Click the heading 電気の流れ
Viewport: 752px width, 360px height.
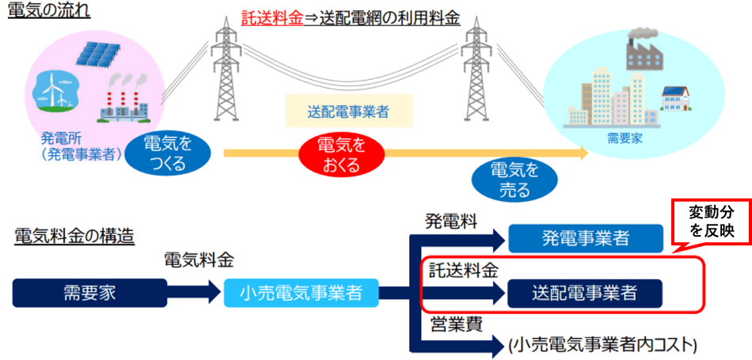coord(49,12)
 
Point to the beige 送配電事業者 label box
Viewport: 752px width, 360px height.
coord(348,112)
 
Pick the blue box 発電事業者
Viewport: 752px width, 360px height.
coord(585,238)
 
